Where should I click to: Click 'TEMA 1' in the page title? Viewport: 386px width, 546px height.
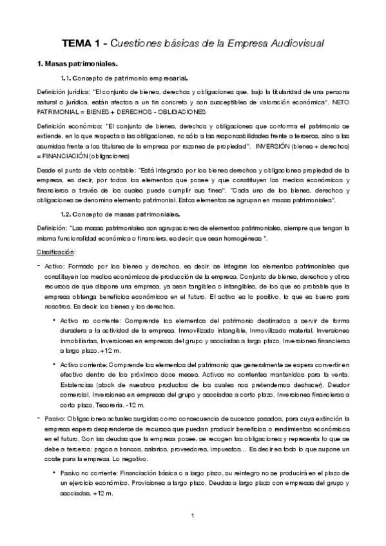click(x=81, y=44)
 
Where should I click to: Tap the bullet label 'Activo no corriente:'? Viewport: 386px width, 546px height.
click(x=90, y=319)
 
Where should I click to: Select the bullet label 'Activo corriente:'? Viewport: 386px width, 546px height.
click(x=84, y=364)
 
